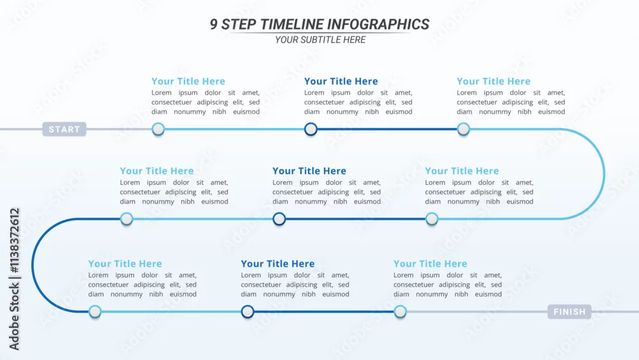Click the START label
click(x=65, y=129)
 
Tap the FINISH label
click(x=569, y=312)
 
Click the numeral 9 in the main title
click(x=214, y=24)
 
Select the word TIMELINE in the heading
click(x=291, y=24)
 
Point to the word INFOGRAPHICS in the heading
click(x=378, y=24)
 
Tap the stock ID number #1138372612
click(x=14, y=240)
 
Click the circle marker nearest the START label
click(x=158, y=129)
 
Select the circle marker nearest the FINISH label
click(x=400, y=312)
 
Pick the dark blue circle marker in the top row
click(x=311, y=129)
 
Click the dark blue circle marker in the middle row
click(x=279, y=219)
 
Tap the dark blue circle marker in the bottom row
click(x=247, y=312)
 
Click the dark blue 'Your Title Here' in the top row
click(x=341, y=81)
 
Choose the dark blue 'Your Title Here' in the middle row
click(x=309, y=171)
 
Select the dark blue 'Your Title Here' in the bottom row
click(x=277, y=264)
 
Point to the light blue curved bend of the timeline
click(x=604, y=174)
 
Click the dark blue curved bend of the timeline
click(x=33, y=265)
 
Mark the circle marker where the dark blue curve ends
click(x=95, y=312)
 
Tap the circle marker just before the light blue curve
click(x=463, y=129)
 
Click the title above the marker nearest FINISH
click(x=430, y=264)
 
